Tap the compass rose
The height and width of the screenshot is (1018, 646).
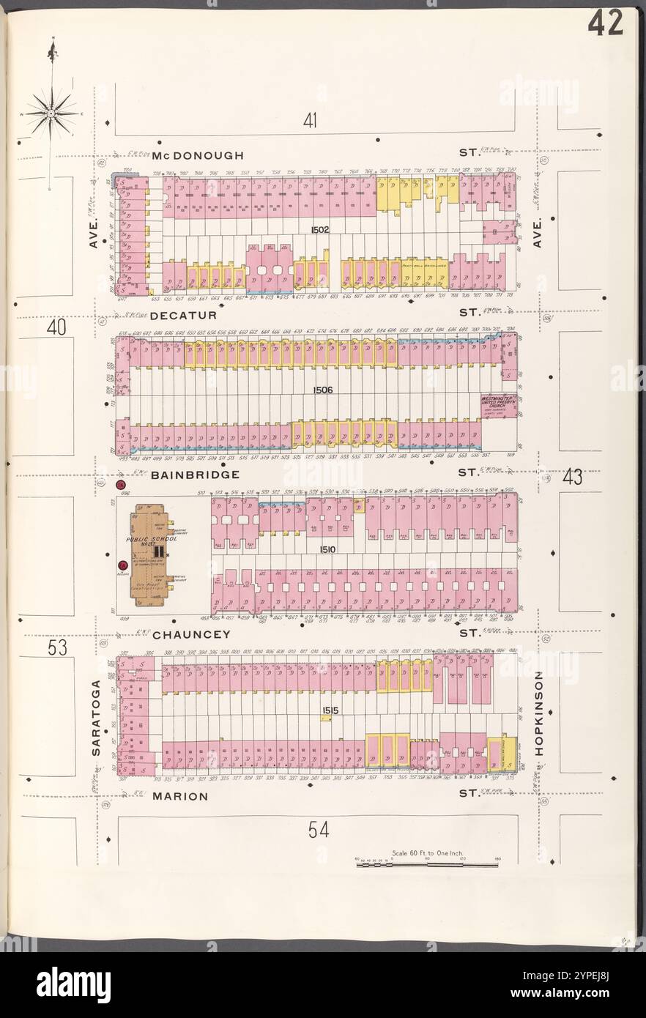51,114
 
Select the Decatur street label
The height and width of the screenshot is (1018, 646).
184,315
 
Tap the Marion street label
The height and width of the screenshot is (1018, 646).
181,795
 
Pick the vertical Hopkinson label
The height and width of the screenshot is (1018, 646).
539,713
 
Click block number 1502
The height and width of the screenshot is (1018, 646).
319,230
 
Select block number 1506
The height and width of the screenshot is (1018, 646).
322,390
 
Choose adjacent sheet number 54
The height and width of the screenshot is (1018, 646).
319,830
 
